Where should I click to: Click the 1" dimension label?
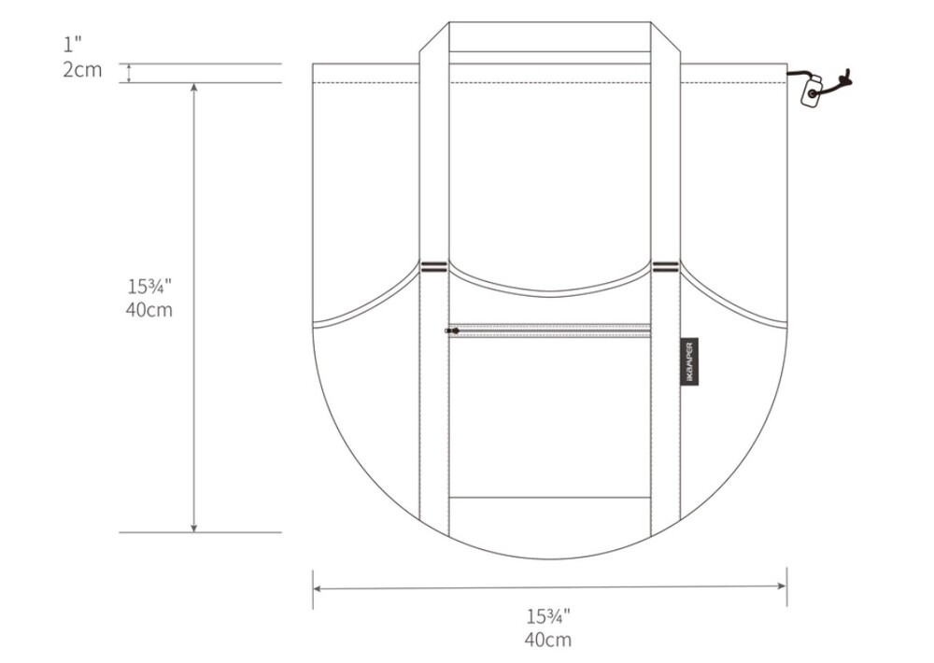[72, 44]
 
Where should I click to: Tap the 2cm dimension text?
[82, 70]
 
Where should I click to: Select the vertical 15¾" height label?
[149, 287]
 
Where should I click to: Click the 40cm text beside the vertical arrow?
[149, 310]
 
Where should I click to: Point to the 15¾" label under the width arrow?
[548, 616]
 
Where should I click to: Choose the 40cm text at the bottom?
[548, 640]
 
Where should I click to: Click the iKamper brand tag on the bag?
[689, 362]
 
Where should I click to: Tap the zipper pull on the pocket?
[451, 331]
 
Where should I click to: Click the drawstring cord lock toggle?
[812, 92]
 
